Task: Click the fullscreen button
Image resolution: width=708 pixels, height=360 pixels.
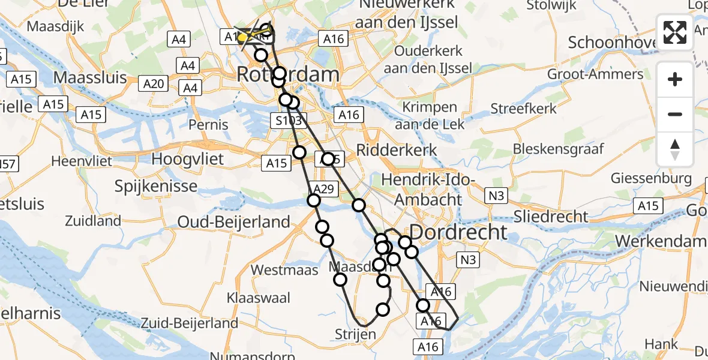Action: (x=675, y=32)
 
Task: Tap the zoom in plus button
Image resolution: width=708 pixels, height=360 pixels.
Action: (x=675, y=79)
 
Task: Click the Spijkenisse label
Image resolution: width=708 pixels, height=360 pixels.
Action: (x=155, y=186)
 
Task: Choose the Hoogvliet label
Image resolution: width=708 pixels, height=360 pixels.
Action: (x=188, y=160)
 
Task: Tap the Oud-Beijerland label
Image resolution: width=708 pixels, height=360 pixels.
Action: (x=234, y=222)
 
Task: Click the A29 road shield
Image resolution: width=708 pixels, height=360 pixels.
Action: (x=323, y=190)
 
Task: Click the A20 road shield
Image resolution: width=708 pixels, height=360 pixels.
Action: (x=154, y=84)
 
